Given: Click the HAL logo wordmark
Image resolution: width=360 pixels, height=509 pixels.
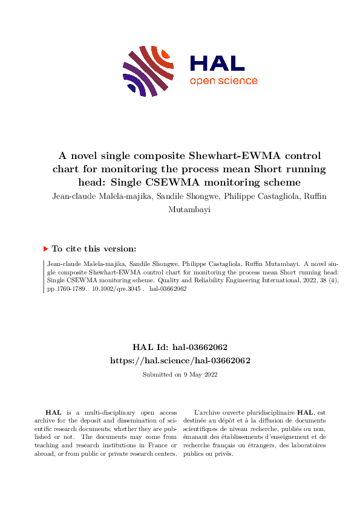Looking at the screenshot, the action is click(217, 63).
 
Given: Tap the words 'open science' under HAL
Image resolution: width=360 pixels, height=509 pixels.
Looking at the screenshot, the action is click(223, 81).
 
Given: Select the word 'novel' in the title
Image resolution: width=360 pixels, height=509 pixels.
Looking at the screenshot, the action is click(87, 156).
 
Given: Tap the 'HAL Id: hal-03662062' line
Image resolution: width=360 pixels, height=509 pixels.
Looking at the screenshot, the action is click(180, 348).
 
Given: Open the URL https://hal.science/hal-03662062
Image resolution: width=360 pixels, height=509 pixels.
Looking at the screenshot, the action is click(180, 360).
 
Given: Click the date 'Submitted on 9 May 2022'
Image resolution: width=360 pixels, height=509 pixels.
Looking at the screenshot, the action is click(180, 374).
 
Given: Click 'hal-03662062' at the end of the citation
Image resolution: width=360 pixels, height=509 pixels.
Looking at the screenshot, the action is click(168, 289).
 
